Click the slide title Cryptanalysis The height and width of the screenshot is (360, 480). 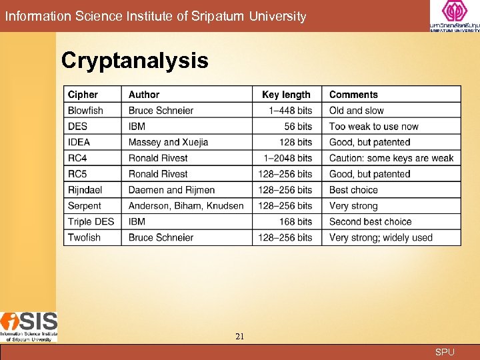pyautogui.click(x=134, y=61)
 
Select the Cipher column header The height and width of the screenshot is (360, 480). pyautogui.click(x=83, y=95)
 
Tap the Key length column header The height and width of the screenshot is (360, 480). pyautogui.click(x=286, y=95)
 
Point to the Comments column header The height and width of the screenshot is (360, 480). pyautogui.click(x=353, y=95)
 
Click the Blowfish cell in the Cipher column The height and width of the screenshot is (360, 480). pyautogui.click(x=85, y=111)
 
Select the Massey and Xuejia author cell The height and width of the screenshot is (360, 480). pyautogui.click(x=168, y=142)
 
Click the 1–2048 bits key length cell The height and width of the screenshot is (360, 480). pyautogui.click(x=288, y=158)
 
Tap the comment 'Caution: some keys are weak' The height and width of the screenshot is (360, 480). pyautogui.click(x=391, y=158)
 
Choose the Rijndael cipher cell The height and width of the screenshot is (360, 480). pyautogui.click(x=85, y=190)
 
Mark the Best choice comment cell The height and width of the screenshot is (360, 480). pyautogui.click(x=353, y=190)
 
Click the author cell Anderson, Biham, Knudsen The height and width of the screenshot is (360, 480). pyautogui.click(x=186, y=206)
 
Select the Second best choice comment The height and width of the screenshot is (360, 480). pyautogui.click(x=370, y=221)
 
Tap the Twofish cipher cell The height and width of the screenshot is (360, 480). pyautogui.click(x=84, y=237)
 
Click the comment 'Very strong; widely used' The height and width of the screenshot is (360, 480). pyautogui.click(x=381, y=237)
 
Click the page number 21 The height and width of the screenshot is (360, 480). pyautogui.click(x=239, y=337)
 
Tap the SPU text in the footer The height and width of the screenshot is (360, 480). pyautogui.click(x=445, y=352)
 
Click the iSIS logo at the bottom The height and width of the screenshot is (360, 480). pyautogui.click(x=29, y=326)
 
